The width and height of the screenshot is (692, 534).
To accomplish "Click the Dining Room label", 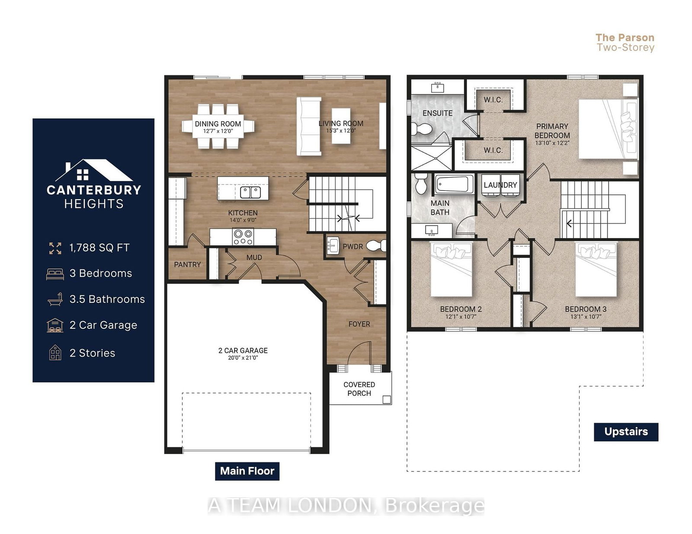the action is [218, 124].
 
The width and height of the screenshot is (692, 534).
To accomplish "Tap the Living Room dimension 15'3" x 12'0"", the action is [340, 131].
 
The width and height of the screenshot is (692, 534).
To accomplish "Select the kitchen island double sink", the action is [250, 192].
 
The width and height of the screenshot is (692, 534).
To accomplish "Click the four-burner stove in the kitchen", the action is [243, 237].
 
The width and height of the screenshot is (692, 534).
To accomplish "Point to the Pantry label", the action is [187, 264].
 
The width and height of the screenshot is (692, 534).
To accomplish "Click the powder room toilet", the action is [376, 246].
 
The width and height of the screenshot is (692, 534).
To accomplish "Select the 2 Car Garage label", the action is [243, 350].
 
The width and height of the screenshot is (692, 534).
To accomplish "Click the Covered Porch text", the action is [359, 389].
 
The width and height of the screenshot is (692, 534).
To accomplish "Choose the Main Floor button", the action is [247, 471].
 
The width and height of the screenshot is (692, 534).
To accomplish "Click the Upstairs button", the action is [626, 432].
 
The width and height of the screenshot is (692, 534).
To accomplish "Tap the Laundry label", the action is [500, 185].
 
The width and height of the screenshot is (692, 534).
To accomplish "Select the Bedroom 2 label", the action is [461, 309].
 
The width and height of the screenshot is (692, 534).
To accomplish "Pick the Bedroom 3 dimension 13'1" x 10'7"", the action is [586, 317].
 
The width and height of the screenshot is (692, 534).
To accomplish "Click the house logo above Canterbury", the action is [94, 171].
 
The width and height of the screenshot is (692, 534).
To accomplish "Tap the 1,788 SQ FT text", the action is [99, 248].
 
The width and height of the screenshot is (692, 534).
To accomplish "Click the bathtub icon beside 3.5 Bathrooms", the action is [55, 299].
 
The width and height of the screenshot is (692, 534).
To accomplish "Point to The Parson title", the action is [625, 38].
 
